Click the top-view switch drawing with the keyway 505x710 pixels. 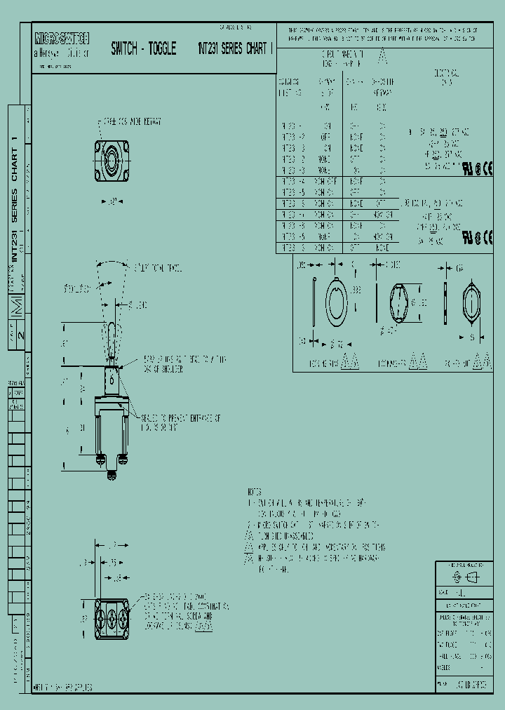click(x=111, y=160)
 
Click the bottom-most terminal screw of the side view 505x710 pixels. click(x=112, y=476)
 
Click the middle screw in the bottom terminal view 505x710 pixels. click(x=111, y=618)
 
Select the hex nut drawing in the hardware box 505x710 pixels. click(x=471, y=304)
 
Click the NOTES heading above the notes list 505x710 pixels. click(x=255, y=492)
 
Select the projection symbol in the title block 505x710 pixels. click(x=465, y=577)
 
